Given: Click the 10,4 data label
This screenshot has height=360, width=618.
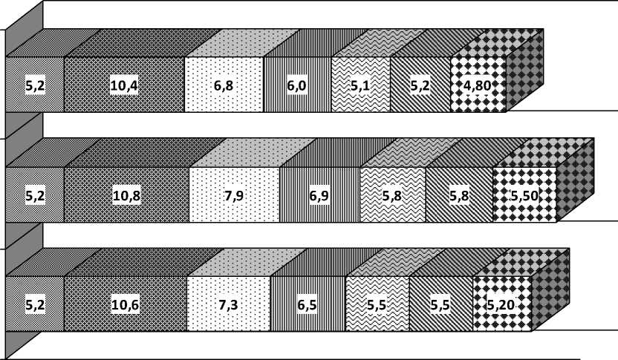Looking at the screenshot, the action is [124, 86].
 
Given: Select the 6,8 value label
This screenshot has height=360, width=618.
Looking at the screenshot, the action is [224, 86].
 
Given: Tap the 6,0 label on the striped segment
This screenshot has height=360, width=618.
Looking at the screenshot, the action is [298, 86].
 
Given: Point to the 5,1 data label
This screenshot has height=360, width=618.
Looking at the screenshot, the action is [361, 86].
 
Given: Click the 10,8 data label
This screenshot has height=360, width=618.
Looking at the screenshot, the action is [126, 196].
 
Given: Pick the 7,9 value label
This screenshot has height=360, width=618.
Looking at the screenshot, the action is [235, 196].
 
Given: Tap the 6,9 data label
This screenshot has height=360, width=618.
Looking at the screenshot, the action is [320, 196].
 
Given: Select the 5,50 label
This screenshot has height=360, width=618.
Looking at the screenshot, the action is [524, 196].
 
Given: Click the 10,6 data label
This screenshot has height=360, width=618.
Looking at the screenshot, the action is [125, 304].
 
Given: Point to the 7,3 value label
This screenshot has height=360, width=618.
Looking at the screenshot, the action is [228, 304].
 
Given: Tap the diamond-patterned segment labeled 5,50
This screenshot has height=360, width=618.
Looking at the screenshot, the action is [524, 212].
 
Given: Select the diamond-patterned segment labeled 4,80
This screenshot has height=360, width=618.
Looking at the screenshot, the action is [478, 102].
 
